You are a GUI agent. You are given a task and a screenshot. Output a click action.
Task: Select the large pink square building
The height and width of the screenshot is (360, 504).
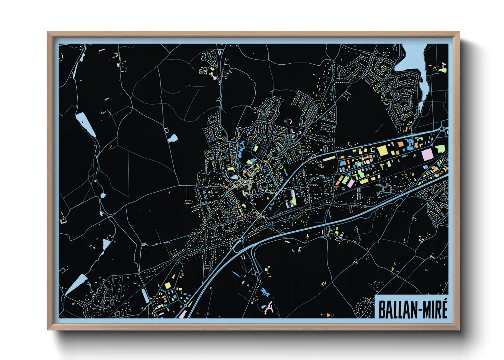(427, 155)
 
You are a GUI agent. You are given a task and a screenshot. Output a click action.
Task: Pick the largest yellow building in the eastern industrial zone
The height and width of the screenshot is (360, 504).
(383, 150)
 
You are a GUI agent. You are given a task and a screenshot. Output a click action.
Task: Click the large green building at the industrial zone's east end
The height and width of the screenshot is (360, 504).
(440, 149)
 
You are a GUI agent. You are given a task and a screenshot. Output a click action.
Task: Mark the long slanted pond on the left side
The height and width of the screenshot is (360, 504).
(85, 124)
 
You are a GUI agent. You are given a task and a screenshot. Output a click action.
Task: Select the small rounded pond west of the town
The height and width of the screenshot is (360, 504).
(173, 138)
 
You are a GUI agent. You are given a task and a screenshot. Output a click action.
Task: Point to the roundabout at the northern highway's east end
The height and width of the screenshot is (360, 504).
(443, 129)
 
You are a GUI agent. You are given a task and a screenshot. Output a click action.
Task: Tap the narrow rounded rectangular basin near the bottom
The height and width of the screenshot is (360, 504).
(145, 295)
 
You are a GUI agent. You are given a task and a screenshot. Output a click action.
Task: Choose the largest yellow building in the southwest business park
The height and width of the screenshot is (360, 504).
(168, 285)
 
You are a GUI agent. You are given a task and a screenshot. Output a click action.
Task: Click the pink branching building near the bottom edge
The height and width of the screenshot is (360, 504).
(269, 307)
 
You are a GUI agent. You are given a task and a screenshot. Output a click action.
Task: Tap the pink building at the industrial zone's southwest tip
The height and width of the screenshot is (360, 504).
(350, 183)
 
